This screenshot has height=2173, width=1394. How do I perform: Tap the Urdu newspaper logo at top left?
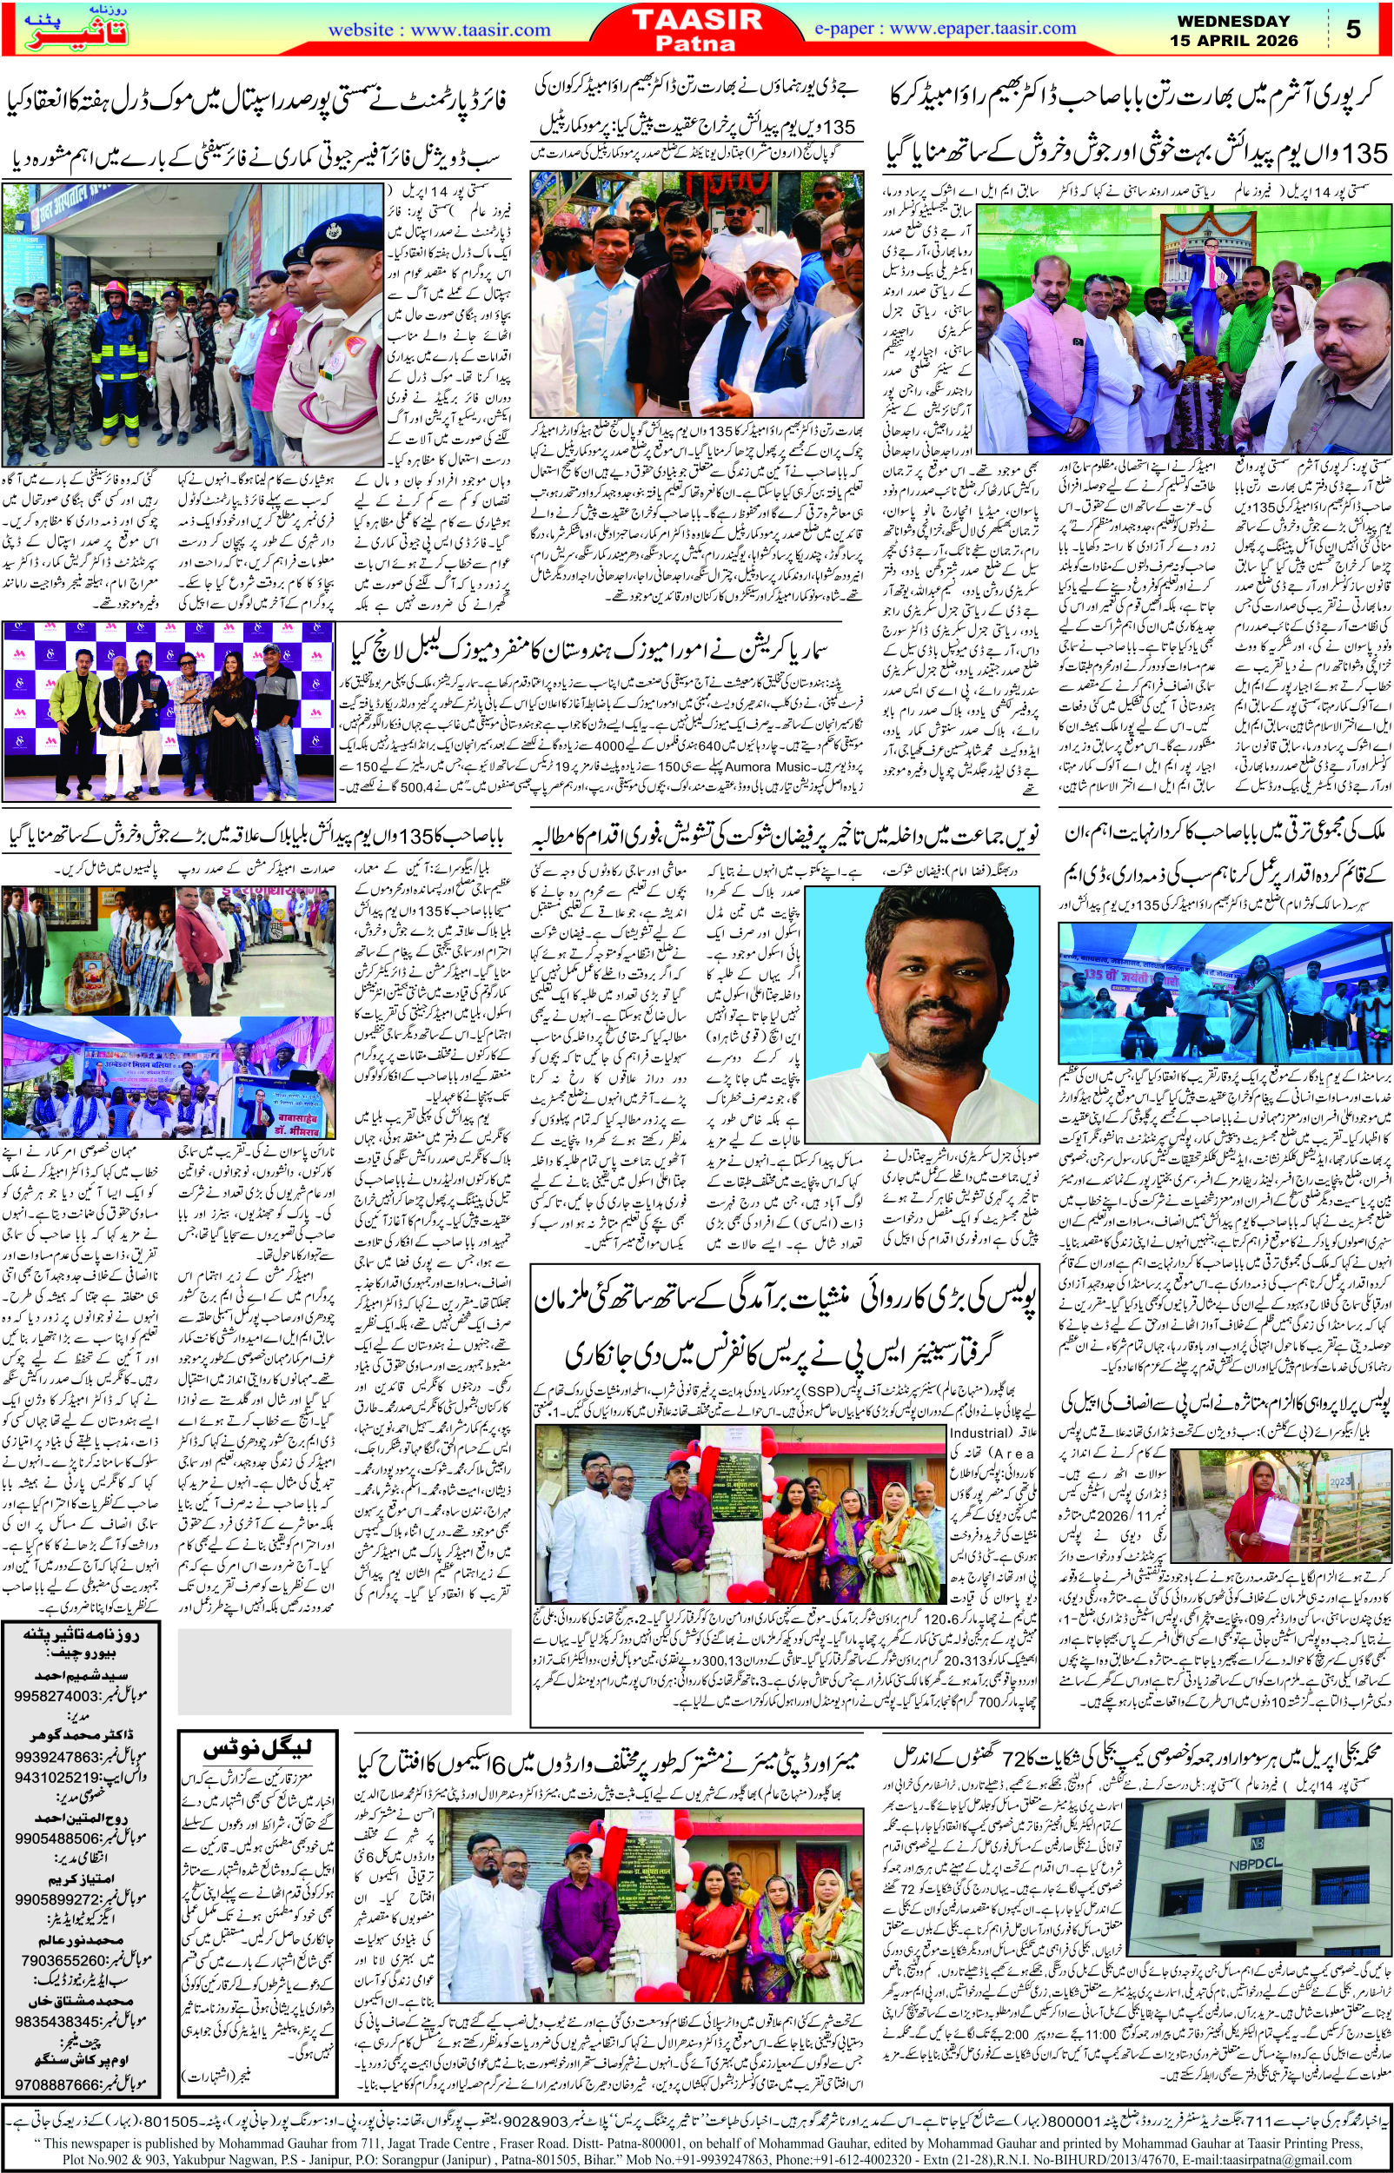(56, 30)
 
